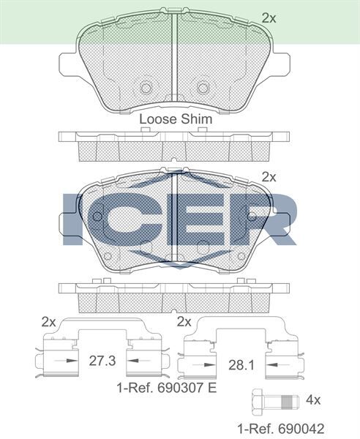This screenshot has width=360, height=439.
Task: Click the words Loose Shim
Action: pyautogui.click(x=176, y=119)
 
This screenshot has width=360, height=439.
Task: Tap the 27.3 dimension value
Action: pyautogui.click(x=102, y=361)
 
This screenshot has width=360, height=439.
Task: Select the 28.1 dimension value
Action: pyautogui.click(x=241, y=365)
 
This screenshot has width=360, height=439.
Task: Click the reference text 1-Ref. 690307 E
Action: pyautogui.click(x=167, y=388)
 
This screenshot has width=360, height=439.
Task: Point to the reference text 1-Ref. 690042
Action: pyautogui.click(x=281, y=429)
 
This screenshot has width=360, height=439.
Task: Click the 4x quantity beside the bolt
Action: pyautogui.click(x=313, y=400)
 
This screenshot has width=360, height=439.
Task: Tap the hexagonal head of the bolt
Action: pyautogui.click(x=258, y=402)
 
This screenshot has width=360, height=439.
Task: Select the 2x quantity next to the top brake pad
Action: pyautogui.click(x=269, y=18)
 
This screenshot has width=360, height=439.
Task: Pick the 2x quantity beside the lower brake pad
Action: pyautogui.click(x=269, y=177)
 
